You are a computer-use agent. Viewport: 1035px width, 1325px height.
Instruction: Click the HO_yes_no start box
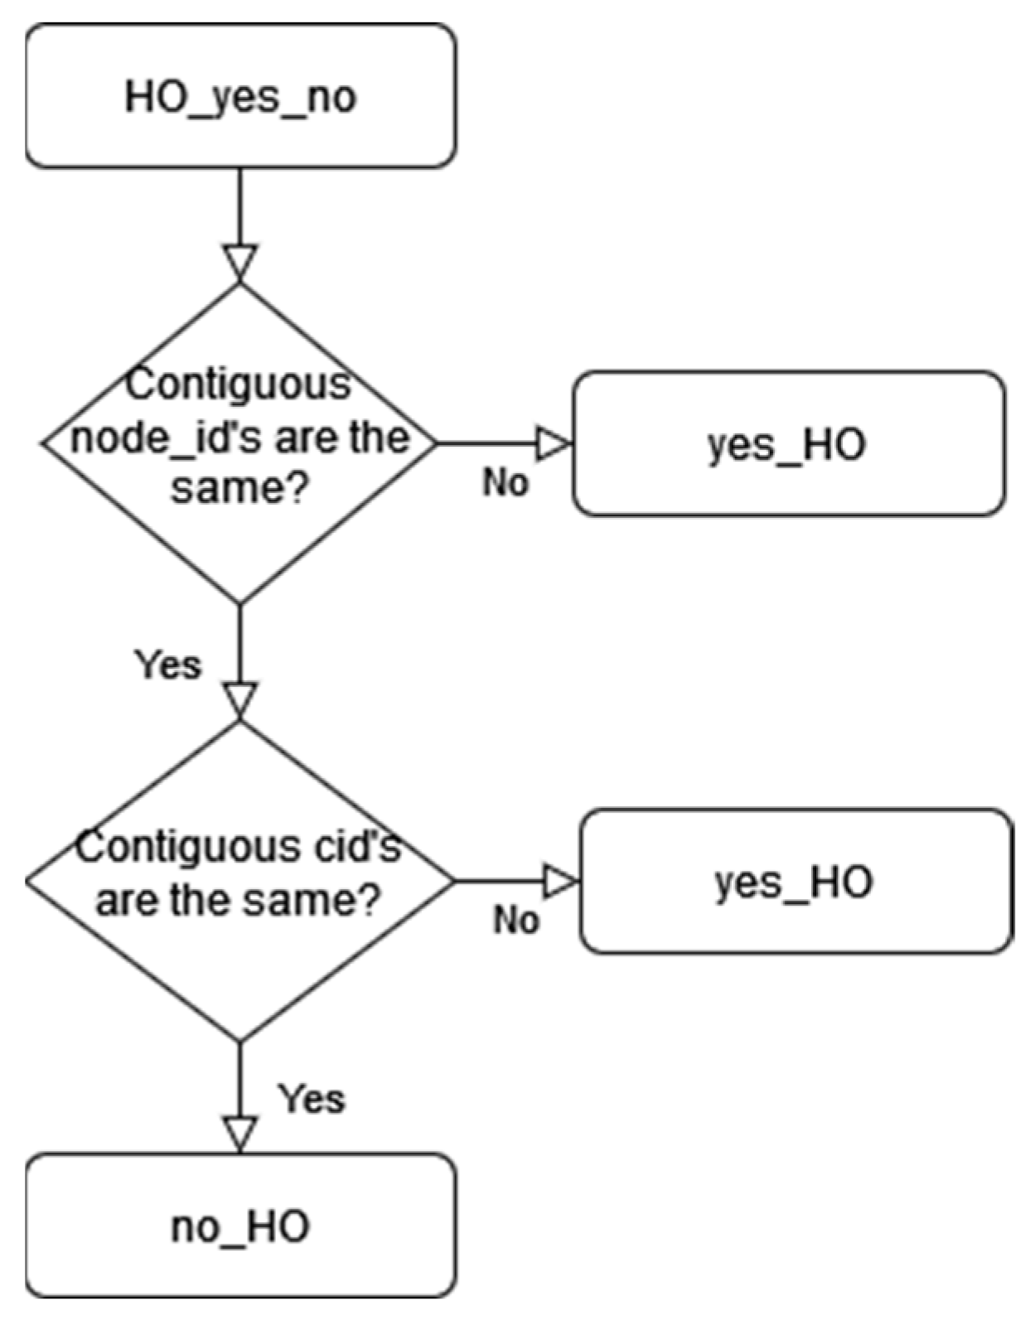pos(240,96)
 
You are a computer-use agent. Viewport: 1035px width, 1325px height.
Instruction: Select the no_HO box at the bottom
pos(240,1226)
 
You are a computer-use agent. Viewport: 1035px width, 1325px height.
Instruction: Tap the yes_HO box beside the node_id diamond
pos(788,443)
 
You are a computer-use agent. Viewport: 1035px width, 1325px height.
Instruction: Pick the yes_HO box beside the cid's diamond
pos(795,881)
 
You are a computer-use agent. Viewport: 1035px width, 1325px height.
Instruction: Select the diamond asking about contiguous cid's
pos(239,953)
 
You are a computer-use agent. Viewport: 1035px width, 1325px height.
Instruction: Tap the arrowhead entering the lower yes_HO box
pos(559,881)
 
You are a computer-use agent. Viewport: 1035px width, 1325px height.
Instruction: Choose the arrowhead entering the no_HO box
pos(239,1134)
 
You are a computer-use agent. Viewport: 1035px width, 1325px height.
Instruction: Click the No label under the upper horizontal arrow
pos(505,481)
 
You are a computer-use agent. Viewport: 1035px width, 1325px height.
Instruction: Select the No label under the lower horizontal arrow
pos(515,920)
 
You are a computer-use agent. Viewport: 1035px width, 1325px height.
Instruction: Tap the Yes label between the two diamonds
pos(168,665)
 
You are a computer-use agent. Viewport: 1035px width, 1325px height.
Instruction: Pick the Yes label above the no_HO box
pos(311,1099)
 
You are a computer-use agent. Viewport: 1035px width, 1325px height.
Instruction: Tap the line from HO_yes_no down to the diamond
pos(239,207)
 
